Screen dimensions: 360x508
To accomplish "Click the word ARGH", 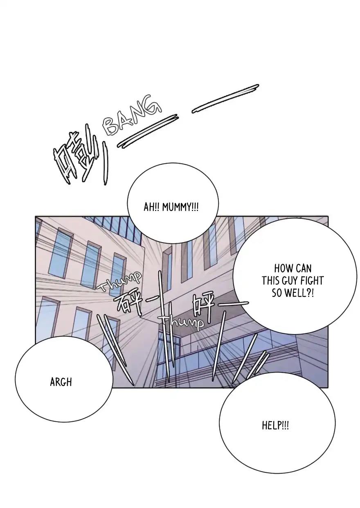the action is (61, 382).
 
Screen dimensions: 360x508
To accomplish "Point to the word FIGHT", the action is (312, 281).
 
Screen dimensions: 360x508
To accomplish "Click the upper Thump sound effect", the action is (119, 281).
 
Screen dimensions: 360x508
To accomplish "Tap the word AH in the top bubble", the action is (148, 207).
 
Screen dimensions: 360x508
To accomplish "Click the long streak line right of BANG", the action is (225, 99).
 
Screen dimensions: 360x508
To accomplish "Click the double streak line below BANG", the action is (147, 131).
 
